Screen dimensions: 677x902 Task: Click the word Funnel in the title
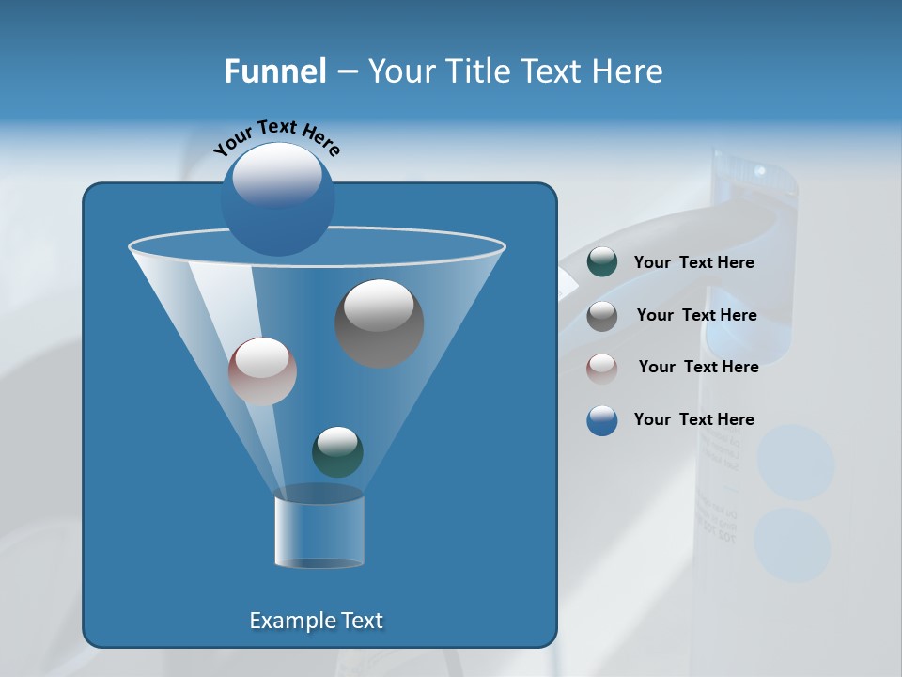click(275, 71)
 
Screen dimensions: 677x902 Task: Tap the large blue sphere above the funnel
click(277, 198)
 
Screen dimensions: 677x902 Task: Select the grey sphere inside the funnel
click(379, 323)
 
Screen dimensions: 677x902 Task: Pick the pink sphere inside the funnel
click(262, 371)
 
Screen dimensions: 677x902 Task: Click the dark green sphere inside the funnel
click(337, 451)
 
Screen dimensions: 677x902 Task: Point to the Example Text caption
click(316, 621)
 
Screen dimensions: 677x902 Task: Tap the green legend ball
click(601, 262)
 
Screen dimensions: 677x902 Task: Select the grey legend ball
click(601, 316)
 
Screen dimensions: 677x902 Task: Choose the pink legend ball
click(601, 368)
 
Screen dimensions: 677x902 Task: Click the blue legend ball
click(601, 420)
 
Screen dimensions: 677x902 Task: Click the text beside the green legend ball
click(693, 263)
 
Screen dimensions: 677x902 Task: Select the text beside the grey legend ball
click(696, 316)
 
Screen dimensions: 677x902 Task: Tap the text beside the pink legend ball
click(698, 368)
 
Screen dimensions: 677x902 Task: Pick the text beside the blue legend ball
click(693, 420)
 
